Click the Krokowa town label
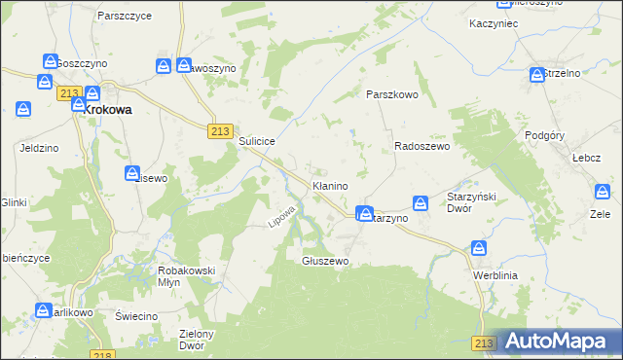tap(107, 111)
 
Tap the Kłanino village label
tap(330, 185)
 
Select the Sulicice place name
tap(258, 141)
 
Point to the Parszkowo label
tap(391, 94)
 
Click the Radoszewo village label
tap(421, 146)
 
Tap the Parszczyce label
tap(123, 17)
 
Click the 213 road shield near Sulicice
tap(219, 131)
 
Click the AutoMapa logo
tap(559, 341)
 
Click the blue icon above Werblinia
tap(478, 249)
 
